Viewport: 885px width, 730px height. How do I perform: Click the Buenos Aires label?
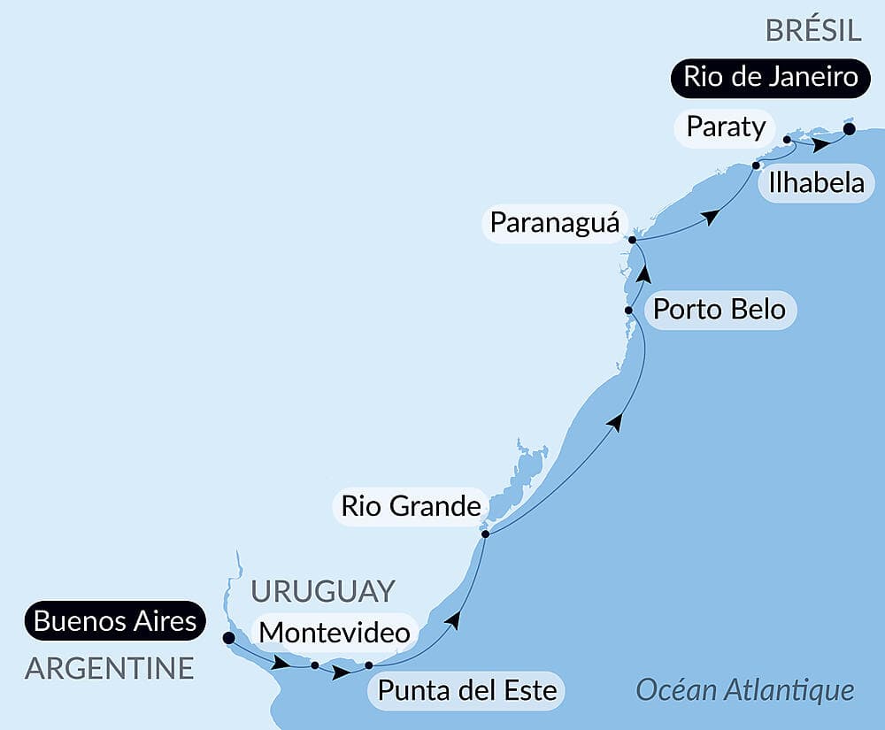coord(115,620)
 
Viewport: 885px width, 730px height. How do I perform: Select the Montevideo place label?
coord(335,633)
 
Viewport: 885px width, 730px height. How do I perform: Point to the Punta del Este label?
coord(467,689)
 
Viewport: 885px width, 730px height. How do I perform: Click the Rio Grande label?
coord(411,507)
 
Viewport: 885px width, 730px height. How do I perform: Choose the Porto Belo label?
coord(720,310)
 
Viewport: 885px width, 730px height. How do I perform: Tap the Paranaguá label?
coord(554,222)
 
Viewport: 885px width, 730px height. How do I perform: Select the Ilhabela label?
coord(816,183)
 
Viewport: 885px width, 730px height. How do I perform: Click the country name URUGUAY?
coord(323,591)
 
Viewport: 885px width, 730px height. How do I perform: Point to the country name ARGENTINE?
coord(109,668)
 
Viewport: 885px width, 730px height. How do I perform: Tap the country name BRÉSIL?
coord(813,30)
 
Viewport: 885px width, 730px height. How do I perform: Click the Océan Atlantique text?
coord(745,689)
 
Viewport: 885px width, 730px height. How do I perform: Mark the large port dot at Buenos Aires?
coord(228,637)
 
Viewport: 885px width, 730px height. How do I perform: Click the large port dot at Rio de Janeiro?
coord(849,129)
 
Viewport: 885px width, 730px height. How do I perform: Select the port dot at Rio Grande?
coord(485,534)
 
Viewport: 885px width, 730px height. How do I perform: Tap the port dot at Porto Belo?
coord(628,311)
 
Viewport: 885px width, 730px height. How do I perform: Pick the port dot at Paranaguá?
coord(632,240)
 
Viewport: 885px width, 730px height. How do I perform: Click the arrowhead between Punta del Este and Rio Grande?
coord(453,619)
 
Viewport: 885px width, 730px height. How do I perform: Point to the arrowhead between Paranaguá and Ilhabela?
coord(709,217)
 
